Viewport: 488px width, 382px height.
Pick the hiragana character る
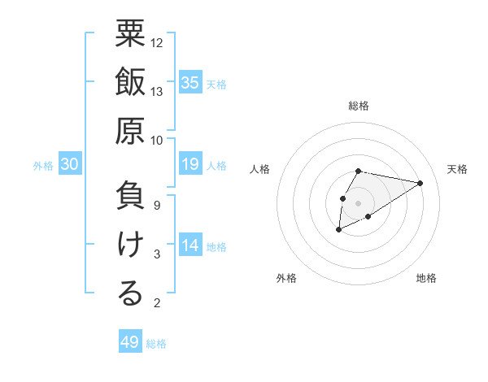[x=130, y=294]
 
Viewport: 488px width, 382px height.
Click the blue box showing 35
[x=190, y=82]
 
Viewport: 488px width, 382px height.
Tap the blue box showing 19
[x=190, y=165]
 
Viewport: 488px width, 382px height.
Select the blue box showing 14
[x=190, y=245]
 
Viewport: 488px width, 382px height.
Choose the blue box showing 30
[x=69, y=165]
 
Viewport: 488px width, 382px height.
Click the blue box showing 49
[x=130, y=342]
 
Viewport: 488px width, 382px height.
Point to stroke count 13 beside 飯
[x=157, y=92]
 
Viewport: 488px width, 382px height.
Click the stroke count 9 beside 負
[x=156, y=205]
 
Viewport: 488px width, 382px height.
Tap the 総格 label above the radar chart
[x=359, y=106]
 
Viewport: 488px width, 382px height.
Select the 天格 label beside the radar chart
[x=458, y=169]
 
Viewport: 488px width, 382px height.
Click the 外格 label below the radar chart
[x=285, y=278]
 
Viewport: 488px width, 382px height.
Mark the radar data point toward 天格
[x=420, y=182]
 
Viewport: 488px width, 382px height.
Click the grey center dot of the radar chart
[x=359, y=202]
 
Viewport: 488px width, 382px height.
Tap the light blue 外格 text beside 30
[x=43, y=166]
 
